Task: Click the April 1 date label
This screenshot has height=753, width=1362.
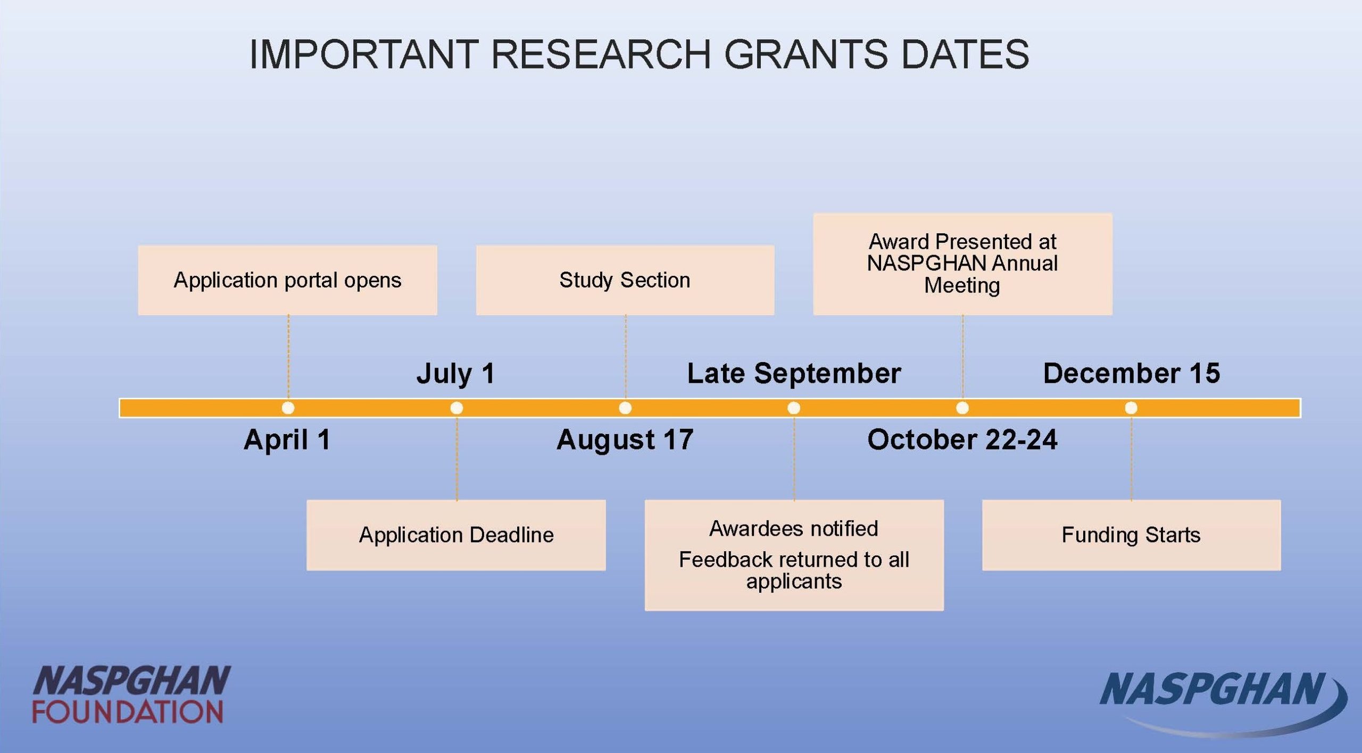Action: point(287,440)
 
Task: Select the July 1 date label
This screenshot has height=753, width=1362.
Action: point(456,373)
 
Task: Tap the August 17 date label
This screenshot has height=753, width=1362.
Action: point(625,440)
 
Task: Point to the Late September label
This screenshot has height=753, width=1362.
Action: point(794,373)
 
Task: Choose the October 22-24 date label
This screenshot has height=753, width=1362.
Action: point(962,440)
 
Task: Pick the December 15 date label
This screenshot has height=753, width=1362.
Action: point(1131,373)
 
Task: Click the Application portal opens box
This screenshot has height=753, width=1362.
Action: point(287,280)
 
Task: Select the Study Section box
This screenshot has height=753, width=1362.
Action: point(625,280)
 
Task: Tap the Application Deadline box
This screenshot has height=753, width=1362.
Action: point(456,535)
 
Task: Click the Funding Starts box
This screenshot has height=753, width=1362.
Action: point(1131,535)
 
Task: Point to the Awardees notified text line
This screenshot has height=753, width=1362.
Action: point(794,529)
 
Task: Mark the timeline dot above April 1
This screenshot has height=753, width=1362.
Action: point(288,408)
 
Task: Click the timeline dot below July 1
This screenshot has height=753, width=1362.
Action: point(456,408)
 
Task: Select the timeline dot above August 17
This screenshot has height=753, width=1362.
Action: point(625,408)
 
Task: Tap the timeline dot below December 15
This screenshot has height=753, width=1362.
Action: point(1131,408)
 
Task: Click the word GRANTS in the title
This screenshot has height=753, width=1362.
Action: point(805,54)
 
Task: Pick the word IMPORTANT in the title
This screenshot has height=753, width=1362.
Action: point(364,54)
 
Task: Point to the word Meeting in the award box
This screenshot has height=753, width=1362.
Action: point(962,286)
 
